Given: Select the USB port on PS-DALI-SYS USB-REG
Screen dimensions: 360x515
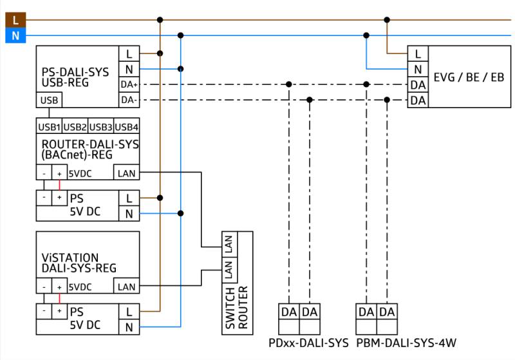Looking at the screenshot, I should pos(49,100).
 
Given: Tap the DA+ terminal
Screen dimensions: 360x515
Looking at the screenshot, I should pos(129,84).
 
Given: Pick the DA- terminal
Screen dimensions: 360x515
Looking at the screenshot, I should pos(129,100).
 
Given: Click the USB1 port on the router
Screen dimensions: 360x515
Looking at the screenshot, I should pos(50,126).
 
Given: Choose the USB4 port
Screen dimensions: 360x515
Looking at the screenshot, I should pos(126,126).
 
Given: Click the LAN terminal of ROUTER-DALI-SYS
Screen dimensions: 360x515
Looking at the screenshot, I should pos(127,173).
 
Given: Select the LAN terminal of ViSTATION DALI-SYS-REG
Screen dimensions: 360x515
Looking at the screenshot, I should pos(127,287).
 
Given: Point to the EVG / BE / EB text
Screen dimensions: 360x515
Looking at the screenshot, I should pos(469,77).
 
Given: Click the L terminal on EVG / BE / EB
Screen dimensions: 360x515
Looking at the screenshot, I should pos(418,53).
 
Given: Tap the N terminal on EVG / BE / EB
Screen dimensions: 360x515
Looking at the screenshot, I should pos(418,69).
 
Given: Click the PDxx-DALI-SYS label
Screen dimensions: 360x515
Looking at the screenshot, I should pos(308,343).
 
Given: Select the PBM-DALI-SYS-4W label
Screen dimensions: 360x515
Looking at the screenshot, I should pos(406,343).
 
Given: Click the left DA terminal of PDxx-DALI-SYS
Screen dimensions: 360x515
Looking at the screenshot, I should pos(289,312).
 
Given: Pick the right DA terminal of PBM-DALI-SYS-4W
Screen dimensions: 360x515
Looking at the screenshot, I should pos(387,312).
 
